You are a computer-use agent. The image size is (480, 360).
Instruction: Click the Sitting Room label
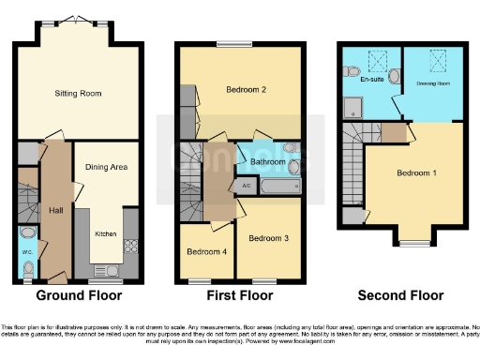pos(79,94)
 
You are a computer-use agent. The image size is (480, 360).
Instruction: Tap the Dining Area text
pos(106,167)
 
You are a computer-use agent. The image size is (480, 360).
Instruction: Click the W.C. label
pos(27,250)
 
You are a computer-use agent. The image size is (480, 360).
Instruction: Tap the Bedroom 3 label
pos(268,239)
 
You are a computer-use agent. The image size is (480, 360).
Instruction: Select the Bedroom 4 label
pos(205,251)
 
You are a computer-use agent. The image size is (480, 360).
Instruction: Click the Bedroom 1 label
pos(413,173)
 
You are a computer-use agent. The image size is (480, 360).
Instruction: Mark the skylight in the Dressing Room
pos(436,63)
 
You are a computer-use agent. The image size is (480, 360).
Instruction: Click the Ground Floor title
pos(78,296)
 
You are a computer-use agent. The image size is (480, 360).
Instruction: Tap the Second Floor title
pos(401,296)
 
